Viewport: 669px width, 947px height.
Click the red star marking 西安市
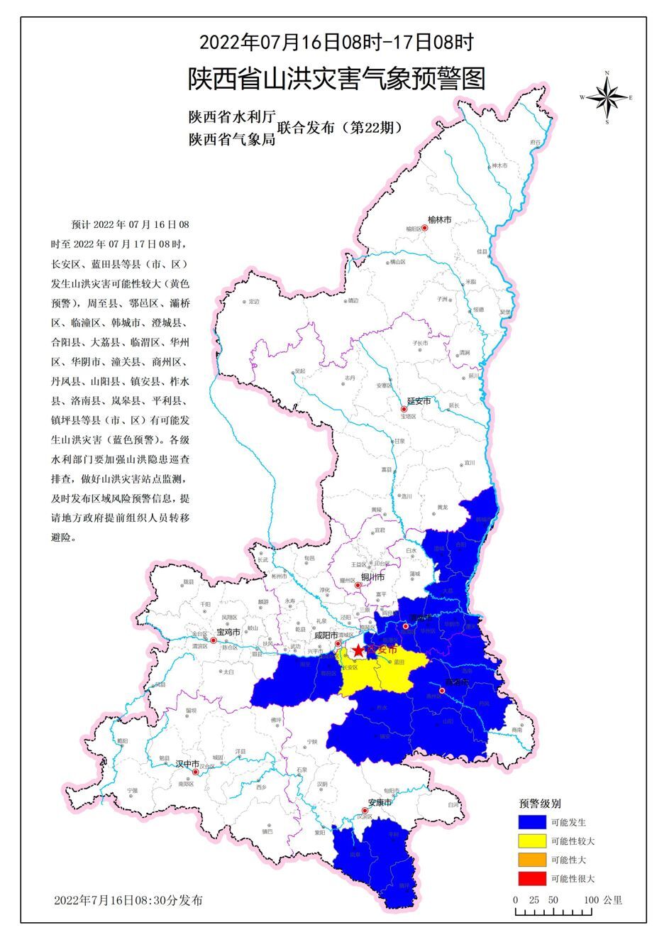click(359, 650)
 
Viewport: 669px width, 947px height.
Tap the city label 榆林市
click(439, 220)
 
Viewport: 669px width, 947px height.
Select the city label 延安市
click(419, 401)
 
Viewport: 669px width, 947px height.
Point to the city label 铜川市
click(372, 576)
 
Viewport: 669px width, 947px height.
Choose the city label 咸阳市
click(326, 635)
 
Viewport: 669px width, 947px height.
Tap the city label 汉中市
click(187, 763)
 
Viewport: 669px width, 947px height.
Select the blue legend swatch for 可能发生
click(532, 823)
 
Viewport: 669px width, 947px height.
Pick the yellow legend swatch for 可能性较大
click(532, 841)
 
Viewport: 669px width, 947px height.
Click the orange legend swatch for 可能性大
click(532, 860)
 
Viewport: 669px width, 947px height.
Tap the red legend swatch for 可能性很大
click(532, 878)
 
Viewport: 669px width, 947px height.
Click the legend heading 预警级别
click(541, 804)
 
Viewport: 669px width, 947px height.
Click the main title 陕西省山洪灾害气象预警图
click(336, 79)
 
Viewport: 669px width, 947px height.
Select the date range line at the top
click(336, 42)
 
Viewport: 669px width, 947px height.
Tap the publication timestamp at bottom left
click(128, 900)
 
